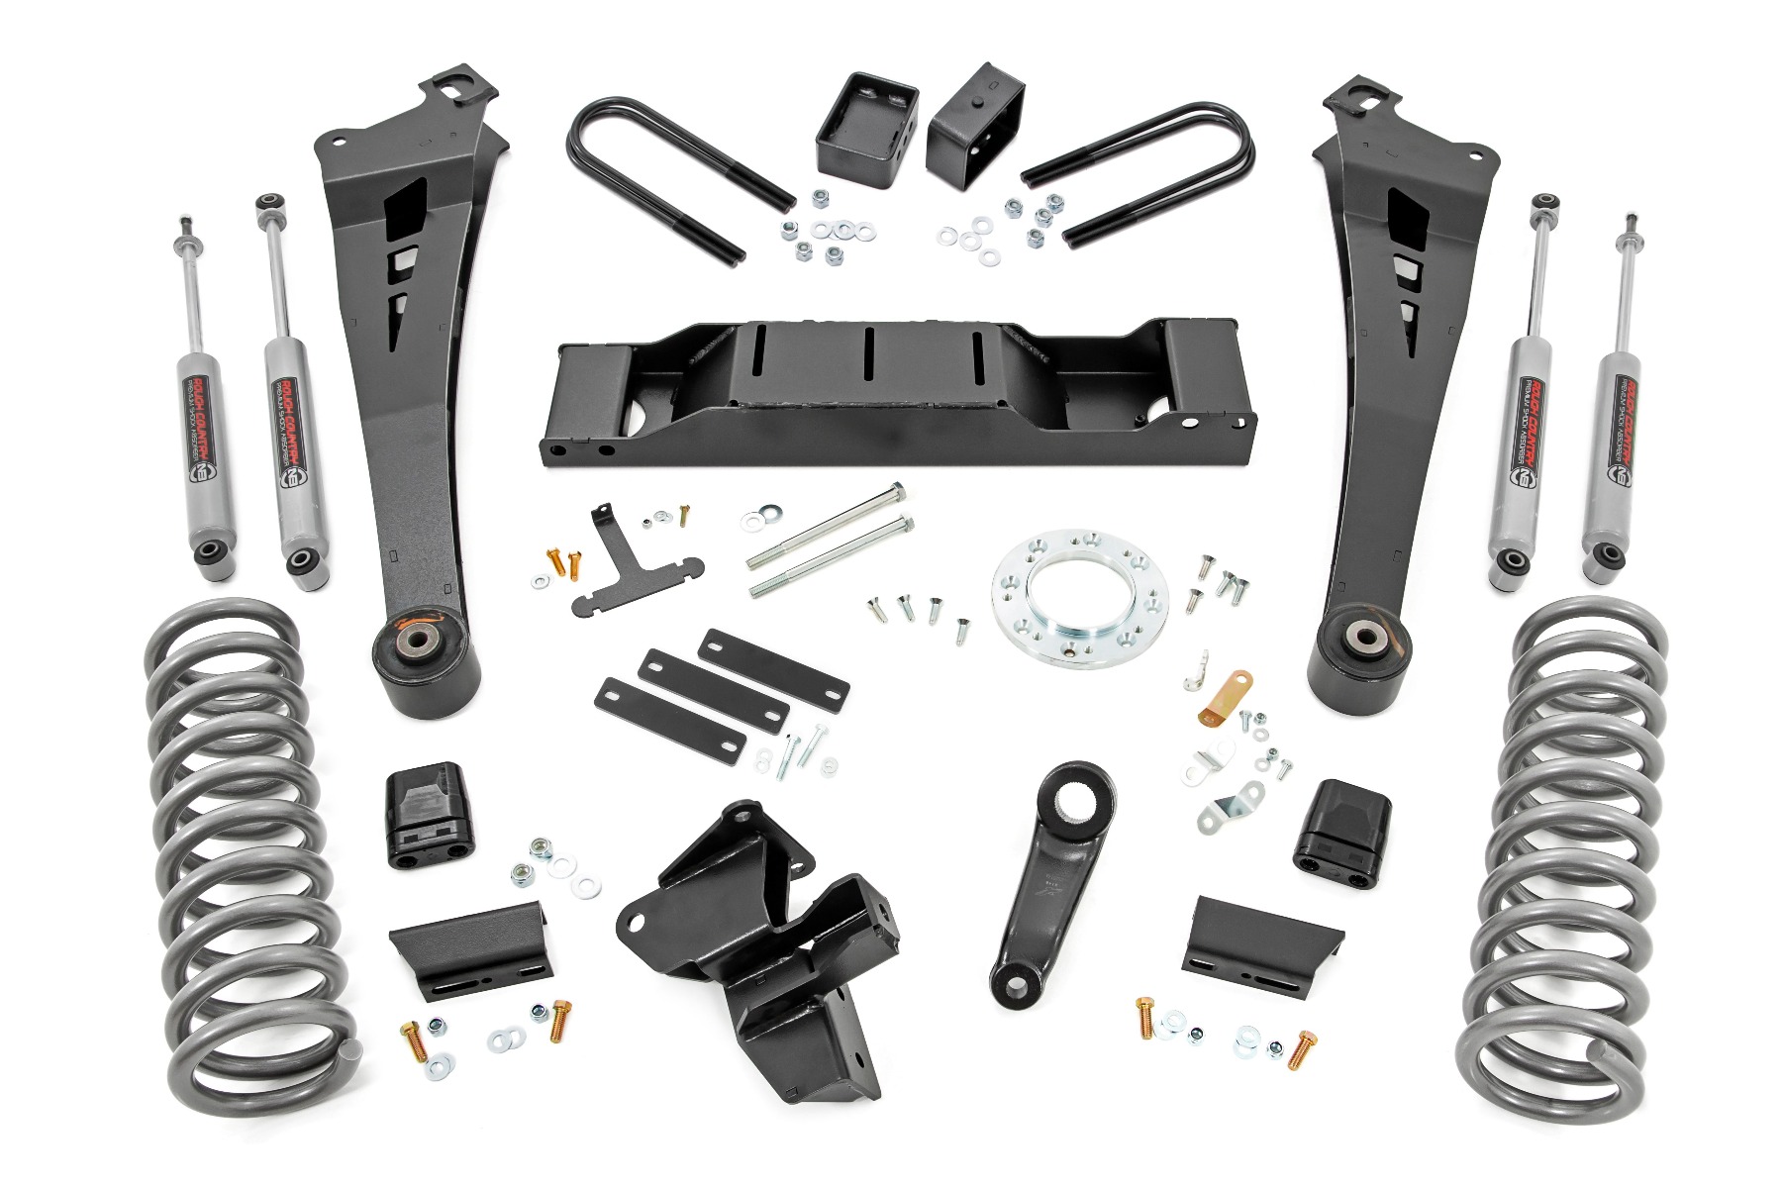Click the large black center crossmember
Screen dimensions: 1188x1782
pyautogui.click(x=891, y=396)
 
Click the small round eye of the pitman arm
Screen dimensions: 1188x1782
pyautogui.click(x=1014, y=986)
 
